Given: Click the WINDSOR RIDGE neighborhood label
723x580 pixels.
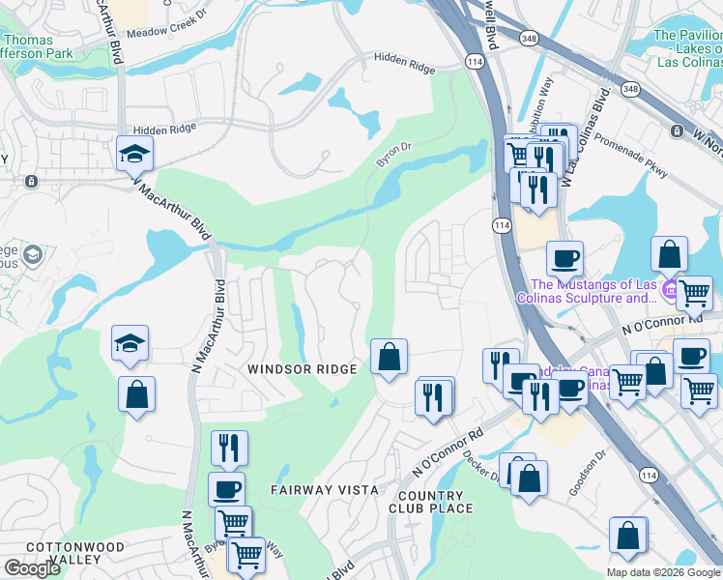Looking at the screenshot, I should click(x=303, y=369).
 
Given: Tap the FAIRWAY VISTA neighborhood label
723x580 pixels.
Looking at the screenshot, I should click(x=324, y=490).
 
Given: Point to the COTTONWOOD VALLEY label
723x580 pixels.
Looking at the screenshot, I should click(x=75, y=553).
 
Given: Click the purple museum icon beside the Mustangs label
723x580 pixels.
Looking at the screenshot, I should click(x=668, y=285).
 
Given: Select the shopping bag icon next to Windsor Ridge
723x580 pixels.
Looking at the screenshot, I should click(x=389, y=357).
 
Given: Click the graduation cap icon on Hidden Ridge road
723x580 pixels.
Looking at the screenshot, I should click(x=134, y=153).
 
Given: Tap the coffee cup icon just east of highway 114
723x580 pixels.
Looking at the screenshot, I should click(x=564, y=258).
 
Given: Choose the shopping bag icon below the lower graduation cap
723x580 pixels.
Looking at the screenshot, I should click(x=136, y=393).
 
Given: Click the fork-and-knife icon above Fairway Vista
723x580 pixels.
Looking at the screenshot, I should click(x=229, y=448).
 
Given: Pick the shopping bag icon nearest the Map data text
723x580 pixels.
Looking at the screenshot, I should click(x=628, y=535).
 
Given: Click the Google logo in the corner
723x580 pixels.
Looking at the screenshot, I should click(x=32, y=568).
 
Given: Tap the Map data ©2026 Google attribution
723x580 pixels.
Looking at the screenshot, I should click(x=662, y=572).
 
